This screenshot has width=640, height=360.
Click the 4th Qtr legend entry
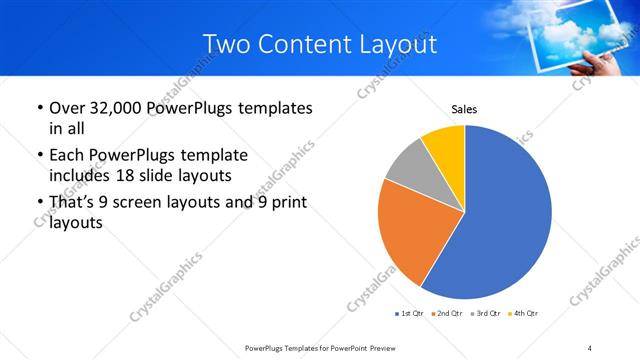(x=520, y=314)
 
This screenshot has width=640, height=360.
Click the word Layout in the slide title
(x=398, y=45)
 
